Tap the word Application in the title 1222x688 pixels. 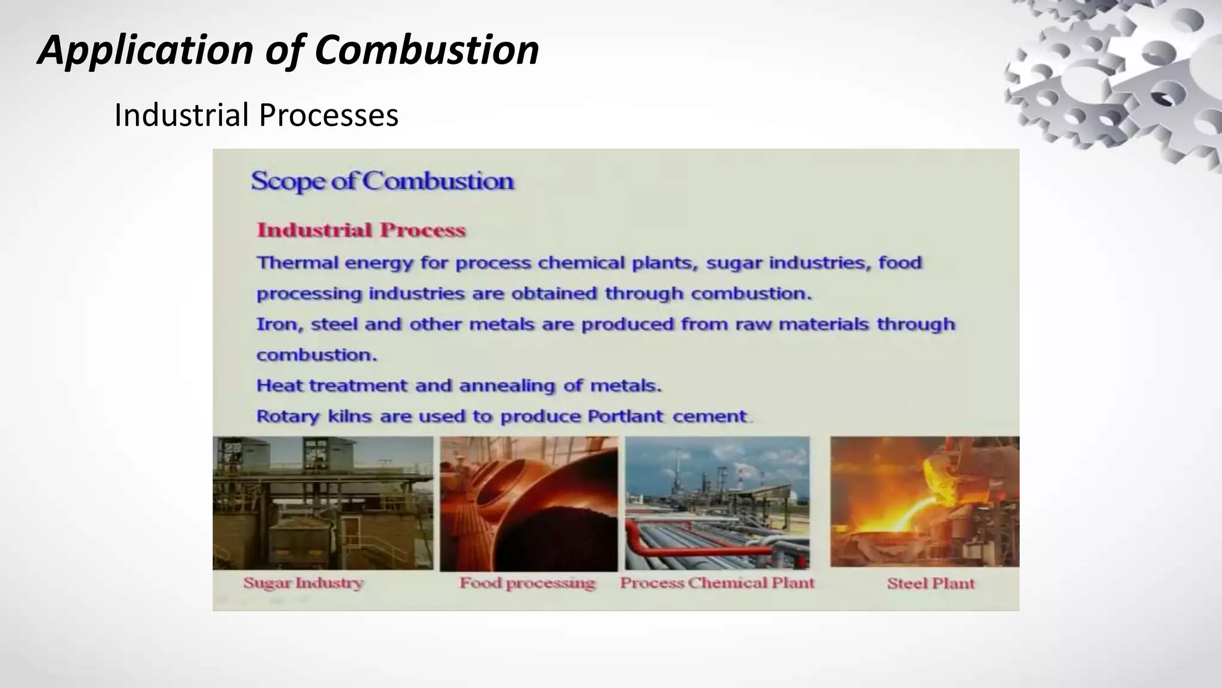(146, 51)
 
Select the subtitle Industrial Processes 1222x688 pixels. (256, 115)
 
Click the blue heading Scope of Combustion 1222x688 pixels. (382, 181)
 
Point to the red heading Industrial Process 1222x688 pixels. (361, 230)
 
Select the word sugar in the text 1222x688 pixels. (733, 263)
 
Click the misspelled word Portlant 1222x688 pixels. (625, 416)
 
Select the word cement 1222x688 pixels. (709, 416)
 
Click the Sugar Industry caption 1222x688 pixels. (303, 583)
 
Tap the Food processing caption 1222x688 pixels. (527, 583)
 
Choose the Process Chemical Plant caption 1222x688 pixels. (717, 583)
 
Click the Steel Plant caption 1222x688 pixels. (930, 583)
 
